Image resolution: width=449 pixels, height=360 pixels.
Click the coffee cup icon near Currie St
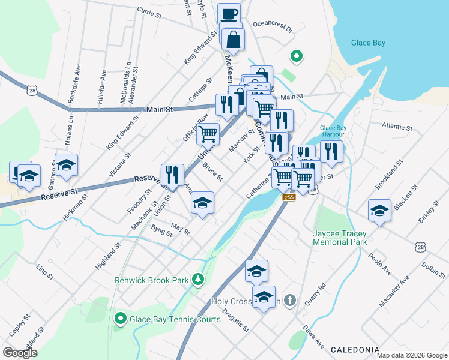point(228,14)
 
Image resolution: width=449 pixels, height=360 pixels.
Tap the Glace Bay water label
point(368,43)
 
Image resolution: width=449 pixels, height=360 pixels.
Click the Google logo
point(20,353)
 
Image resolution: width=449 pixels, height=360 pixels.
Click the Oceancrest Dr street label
point(272,28)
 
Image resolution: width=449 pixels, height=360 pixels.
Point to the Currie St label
point(150,10)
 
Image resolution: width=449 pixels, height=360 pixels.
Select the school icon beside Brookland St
point(379,211)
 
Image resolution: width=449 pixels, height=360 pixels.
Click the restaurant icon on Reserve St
point(172,175)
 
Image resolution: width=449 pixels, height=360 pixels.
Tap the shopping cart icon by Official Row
point(208,134)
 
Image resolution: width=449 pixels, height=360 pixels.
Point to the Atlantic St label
point(397,127)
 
